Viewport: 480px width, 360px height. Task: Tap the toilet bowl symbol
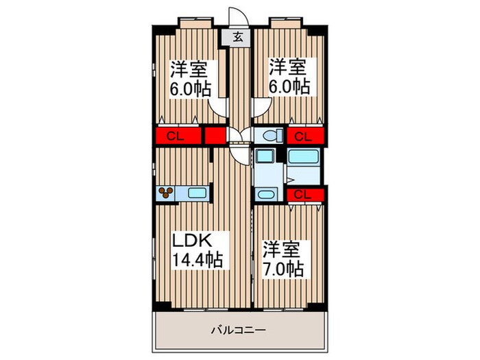(269, 136)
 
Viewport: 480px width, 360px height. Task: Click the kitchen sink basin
(197, 193)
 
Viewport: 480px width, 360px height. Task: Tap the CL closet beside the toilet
(303, 136)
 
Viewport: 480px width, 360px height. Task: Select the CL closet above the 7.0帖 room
(303, 195)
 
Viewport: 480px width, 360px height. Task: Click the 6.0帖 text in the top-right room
(289, 88)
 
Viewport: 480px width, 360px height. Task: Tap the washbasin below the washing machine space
(267, 194)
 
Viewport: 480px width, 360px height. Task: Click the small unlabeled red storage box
(215, 135)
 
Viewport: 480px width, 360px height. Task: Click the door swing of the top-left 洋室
(217, 106)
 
